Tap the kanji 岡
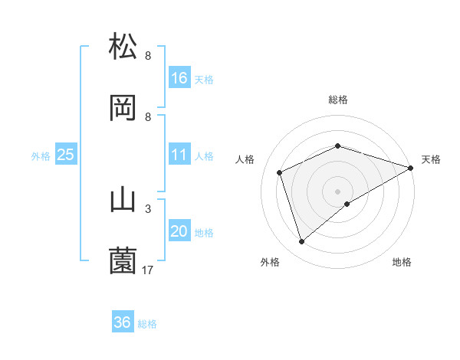[x=123, y=109]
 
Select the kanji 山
[x=123, y=200]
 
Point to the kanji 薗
[x=123, y=260]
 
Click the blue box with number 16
[x=179, y=78]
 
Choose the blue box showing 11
[x=179, y=155]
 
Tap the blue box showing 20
[x=179, y=232]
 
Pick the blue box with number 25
[x=65, y=155]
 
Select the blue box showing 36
[x=123, y=322]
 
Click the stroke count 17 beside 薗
[x=148, y=270]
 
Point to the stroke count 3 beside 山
[x=148, y=208]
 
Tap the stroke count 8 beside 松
[x=148, y=55]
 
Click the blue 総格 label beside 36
[x=147, y=324]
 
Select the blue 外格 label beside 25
[x=41, y=156]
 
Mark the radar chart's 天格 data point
[x=411, y=168]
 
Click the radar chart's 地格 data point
[x=347, y=204]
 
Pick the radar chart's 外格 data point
[x=301, y=242]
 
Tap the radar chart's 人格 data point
[x=280, y=172]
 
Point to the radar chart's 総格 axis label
[x=338, y=100]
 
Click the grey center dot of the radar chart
[x=337, y=191]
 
